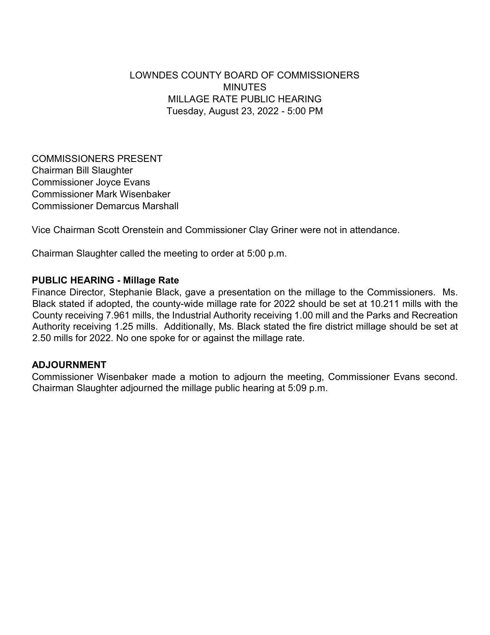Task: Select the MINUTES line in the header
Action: pos(244,87)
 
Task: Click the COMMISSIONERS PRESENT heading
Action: pos(97,159)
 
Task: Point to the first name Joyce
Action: pos(108,182)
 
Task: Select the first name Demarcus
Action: pos(118,206)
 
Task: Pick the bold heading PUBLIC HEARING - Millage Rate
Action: pos(105,280)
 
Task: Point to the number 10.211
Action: pos(385,304)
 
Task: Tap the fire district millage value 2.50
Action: pos(42,338)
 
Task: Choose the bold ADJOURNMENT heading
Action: pos(69,365)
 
